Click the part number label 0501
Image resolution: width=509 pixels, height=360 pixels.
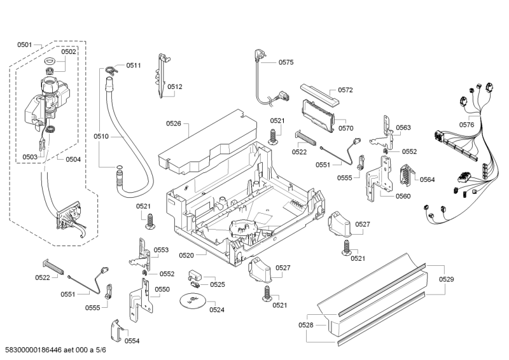pyautogui.click(x=24, y=45)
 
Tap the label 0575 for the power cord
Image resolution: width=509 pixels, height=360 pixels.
pyautogui.click(x=286, y=62)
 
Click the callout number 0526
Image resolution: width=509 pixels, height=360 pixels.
pyautogui.click(x=173, y=123)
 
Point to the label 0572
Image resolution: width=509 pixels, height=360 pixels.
pyautogui.click(x=345, y=90)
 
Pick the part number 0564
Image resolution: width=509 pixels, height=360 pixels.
pyautogui.click(x=427, y=179)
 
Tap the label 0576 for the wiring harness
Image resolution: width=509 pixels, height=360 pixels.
pyautogui.click(x=466, y=125)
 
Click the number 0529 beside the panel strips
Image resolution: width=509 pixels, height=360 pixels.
pyautogui.click(x=447, y=279)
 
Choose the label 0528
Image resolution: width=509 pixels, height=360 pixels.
pyautogui.click(x=306, y=325)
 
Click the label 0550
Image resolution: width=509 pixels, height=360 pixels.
pyautogui.click(x=162, y=289)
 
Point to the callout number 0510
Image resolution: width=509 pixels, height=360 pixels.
pyautogui.click(x=101, y=136)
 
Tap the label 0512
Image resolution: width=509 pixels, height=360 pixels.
pyautogui.click(x=175, y=87)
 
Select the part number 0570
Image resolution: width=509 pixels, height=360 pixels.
pyautogui.click(x=345, y=128)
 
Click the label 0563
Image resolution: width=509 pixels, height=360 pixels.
pyautogui.click(x=403, y=128)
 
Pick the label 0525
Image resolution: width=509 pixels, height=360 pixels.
pyautogui.click(x=217, y=284)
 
